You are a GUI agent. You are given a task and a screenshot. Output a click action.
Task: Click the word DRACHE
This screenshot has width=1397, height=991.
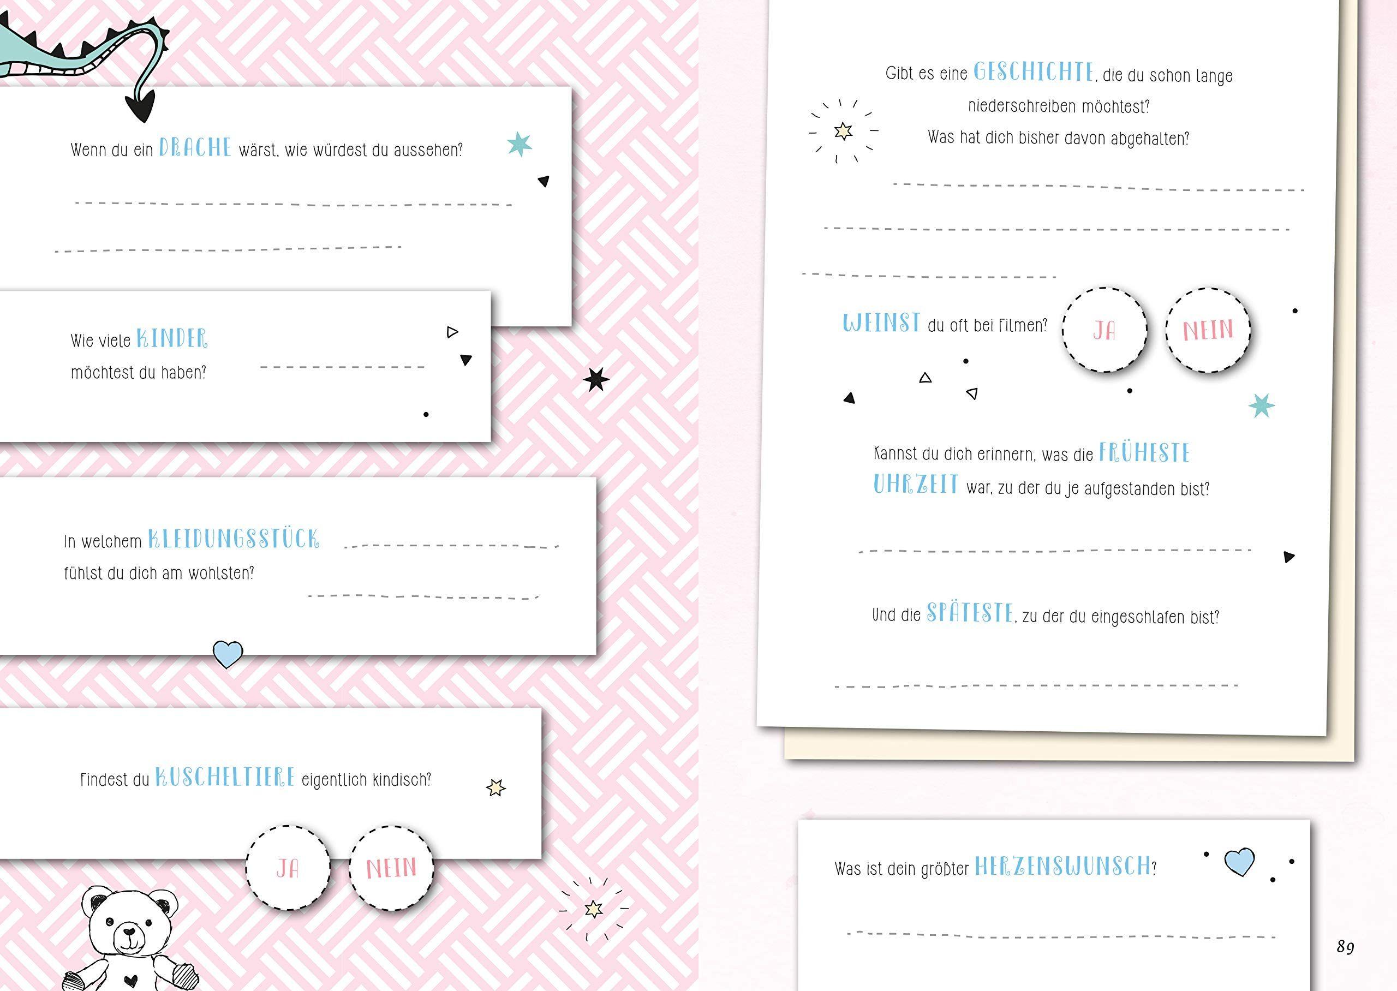(195, 148)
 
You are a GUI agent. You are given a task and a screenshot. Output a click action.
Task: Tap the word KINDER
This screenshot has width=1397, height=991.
(172, 339)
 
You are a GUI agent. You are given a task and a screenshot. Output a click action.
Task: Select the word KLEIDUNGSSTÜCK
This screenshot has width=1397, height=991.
(234, 539)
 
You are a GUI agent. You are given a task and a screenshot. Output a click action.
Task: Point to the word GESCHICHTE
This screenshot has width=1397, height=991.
(1034, 72)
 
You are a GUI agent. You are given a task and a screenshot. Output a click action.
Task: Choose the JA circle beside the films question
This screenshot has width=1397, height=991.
(1105, 330)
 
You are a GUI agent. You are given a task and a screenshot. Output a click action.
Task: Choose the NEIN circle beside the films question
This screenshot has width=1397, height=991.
(1208, 330)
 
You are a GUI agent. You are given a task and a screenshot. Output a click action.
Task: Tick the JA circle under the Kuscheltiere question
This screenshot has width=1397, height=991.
(288, 868)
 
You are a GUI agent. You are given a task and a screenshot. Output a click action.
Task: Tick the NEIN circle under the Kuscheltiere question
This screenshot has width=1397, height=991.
(391, 868)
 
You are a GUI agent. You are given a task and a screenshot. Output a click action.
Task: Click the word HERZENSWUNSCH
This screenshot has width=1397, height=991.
(1062, 867)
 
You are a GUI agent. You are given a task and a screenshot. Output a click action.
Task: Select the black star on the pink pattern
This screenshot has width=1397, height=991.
(596, 380)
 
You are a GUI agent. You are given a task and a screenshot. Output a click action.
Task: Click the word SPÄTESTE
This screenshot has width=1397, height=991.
(970, 613)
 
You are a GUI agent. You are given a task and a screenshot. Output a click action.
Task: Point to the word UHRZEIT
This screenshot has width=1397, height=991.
(916, 485)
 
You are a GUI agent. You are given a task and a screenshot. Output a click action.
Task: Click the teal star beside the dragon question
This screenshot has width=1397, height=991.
(519, 144)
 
